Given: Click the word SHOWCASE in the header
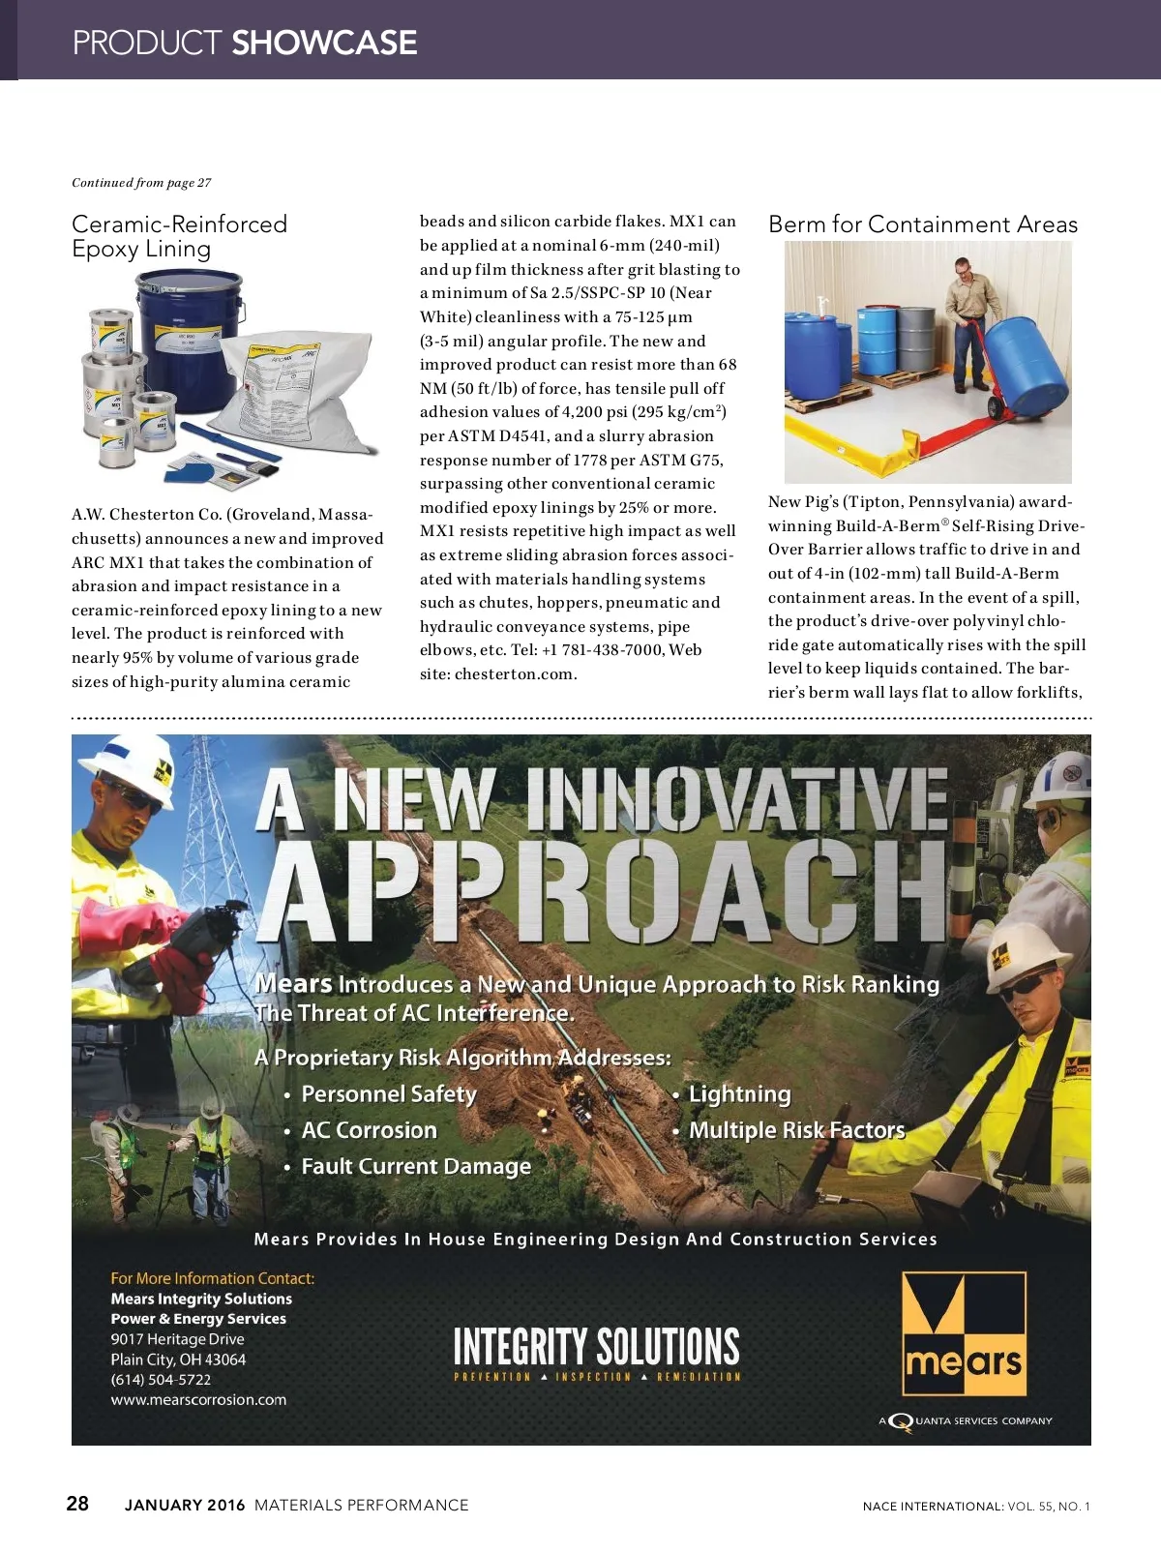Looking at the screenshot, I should (x=324, y=43).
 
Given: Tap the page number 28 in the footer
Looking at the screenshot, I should (x=77, y=1503).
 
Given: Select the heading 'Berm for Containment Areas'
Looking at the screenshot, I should (x=922, y=224).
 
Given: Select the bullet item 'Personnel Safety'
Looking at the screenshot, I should (x=389, y=1094).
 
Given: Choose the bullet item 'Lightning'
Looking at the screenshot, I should (x=739, y=1094).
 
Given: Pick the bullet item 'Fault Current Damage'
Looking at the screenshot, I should (x=416, y=1167).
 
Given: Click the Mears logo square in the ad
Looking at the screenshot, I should (x=964, y=1333).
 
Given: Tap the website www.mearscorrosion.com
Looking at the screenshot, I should (x=198, y=1400).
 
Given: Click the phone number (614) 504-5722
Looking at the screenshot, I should (x=161, y=1380).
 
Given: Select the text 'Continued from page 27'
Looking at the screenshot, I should (x=141, y=183).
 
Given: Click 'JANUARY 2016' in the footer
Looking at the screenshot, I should (x=185, y=1505).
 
